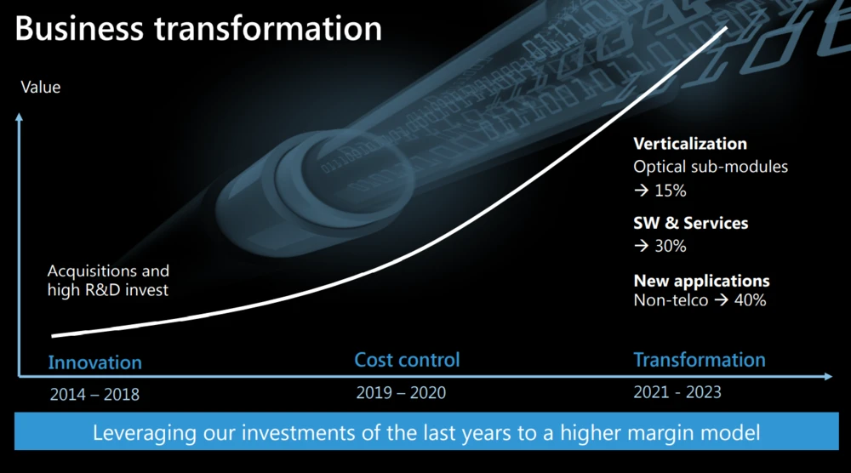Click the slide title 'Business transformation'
tap(198, 29)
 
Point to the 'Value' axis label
tap(41, 87)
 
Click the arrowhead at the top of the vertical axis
tap(19, 117)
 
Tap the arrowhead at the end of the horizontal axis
tap(828, 376)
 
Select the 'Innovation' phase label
tap(95, 362)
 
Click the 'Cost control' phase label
tap(407, 360)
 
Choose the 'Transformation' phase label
tap(700, 360)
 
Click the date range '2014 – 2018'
tap(94, 394)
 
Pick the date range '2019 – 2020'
tap(401, 392)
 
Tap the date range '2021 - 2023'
tap(677, 391)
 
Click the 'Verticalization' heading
tap(690, 143)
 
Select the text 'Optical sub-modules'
tap(711, 167)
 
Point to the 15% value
tap(671, 191)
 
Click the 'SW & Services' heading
tap(691, 223)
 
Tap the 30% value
tap(671, 246)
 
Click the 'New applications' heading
tap(702, 281)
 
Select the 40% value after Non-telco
tap(750, 300)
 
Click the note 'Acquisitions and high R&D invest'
tap(108, 281)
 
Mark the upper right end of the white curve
tap(726, 28)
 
